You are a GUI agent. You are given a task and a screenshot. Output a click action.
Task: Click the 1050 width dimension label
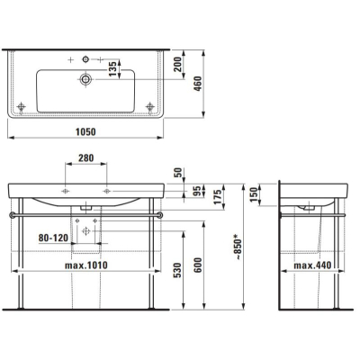pyautogui.click(x=85, y=131)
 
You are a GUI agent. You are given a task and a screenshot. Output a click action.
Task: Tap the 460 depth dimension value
pyautogui.click(x=198, y=84)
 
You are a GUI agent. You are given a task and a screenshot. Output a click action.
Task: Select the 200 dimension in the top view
pyautogui.click(x=178, y=64)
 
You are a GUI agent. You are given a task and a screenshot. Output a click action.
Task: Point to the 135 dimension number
pyautogui.click(x=112, y=68)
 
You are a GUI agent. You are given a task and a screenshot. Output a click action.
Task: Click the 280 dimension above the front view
pyautogui.click(x=86, y=157)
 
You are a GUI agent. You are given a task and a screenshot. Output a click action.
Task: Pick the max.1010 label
pyautogui.click(x=86, y=265)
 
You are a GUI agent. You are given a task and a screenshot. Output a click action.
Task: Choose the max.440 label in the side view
pyautogui.click(x=312, y=265)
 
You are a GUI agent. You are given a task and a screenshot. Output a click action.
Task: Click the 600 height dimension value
pyautogui.click(x=198, y=265)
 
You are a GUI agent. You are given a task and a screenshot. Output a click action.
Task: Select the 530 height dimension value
pyautogui.click(x=178, y=270)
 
